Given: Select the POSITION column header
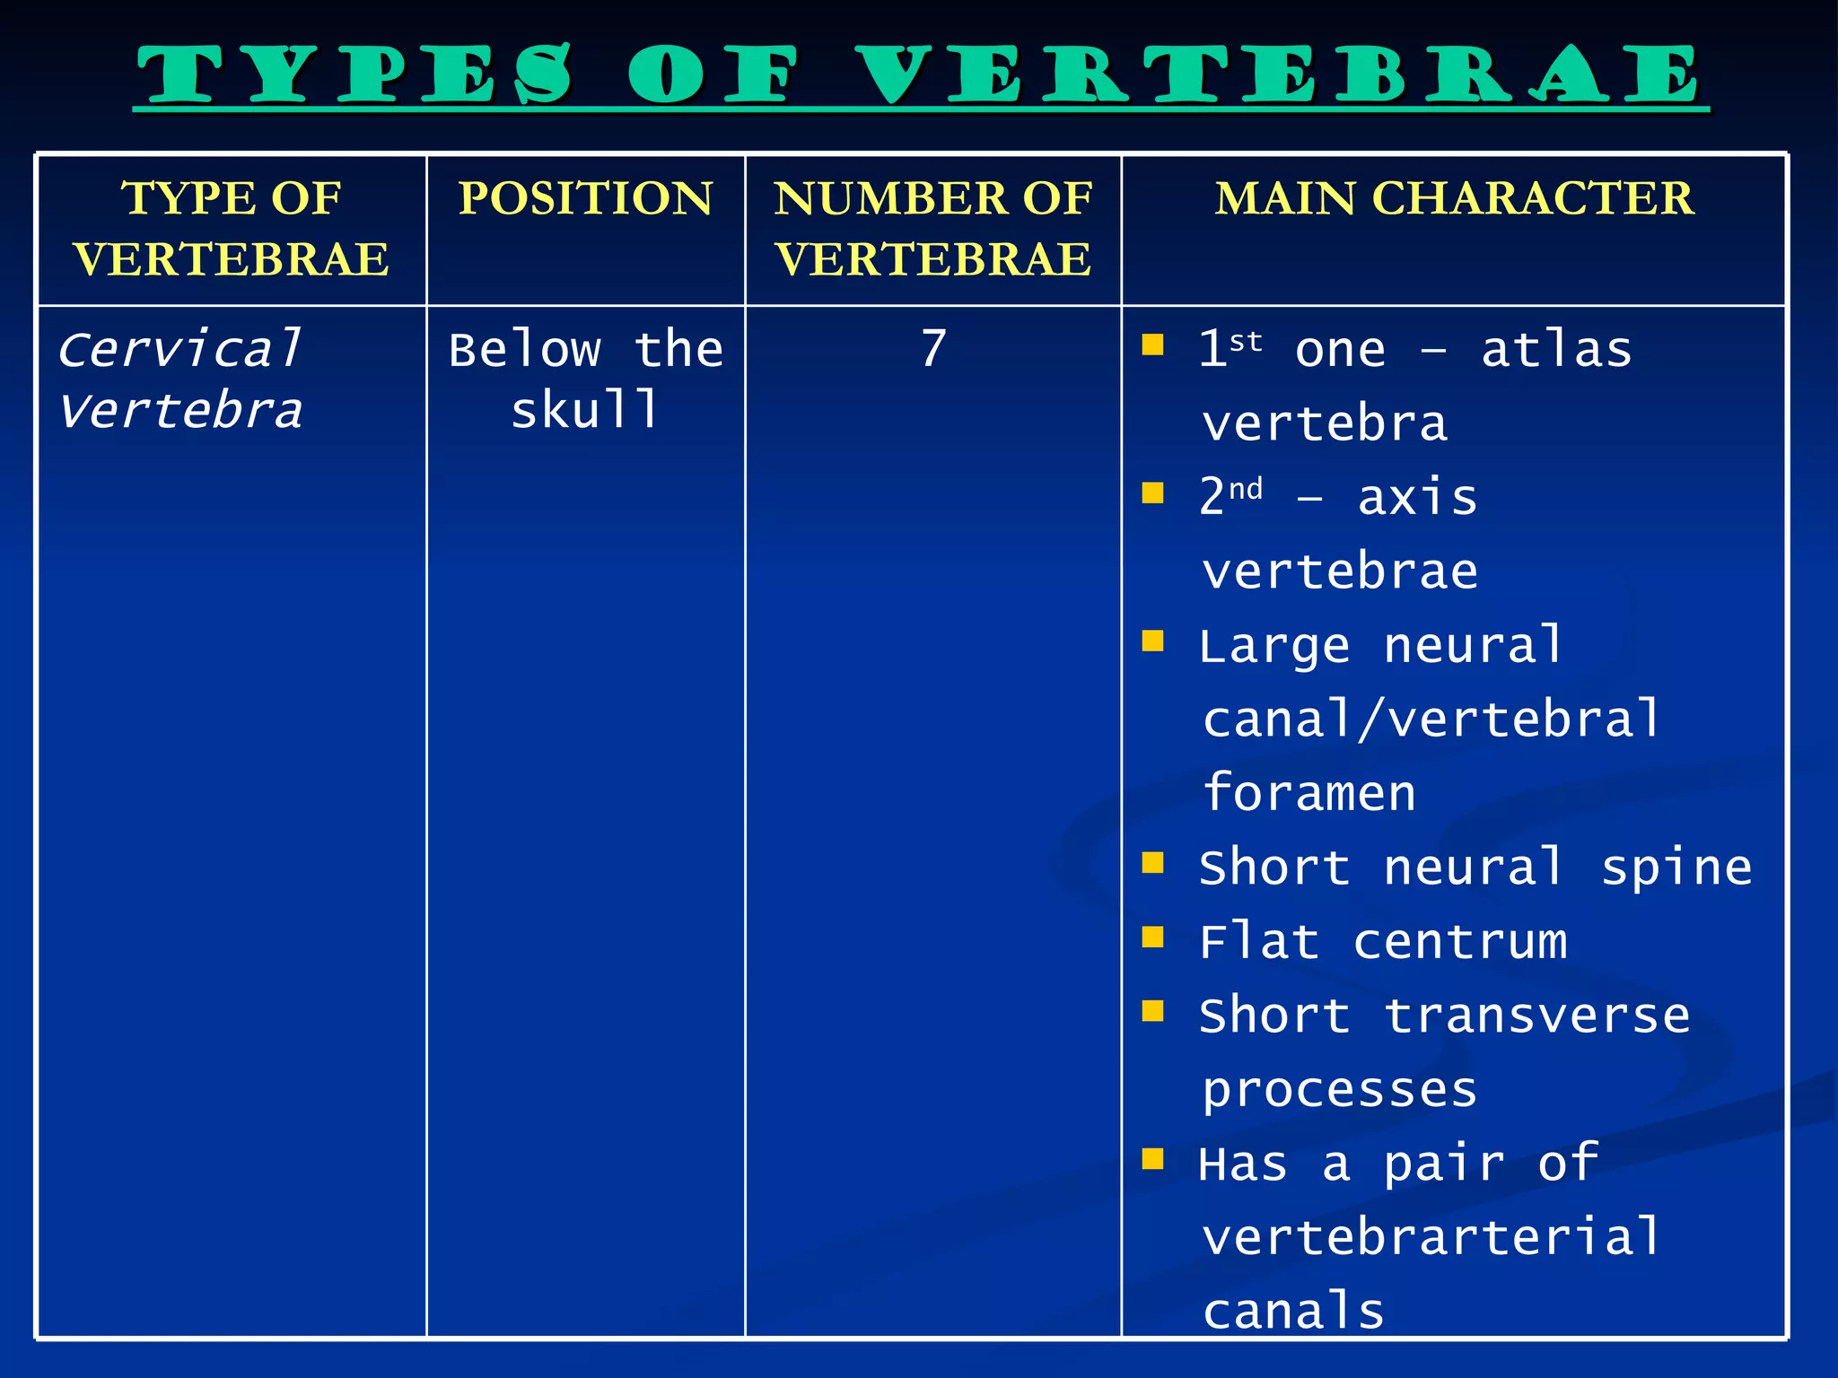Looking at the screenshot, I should [585, 198].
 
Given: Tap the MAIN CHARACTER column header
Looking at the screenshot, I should [1454, 198].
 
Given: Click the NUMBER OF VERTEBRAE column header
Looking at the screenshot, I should [933, 229].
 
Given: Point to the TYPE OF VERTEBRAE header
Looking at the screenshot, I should [232, 229].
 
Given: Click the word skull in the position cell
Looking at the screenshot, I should [585, 411].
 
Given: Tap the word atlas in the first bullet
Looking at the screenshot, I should [1556, 349].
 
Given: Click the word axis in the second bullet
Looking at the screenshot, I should [1417, 497].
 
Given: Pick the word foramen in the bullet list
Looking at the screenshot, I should [1309, 793].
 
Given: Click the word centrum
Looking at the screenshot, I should [1460, 942].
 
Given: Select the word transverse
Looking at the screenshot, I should [1536, 1016].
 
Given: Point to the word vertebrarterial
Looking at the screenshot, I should [1431, 1237].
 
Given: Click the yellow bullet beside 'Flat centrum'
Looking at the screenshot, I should [1152, 937].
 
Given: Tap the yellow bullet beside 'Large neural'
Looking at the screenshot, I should [1152, 641].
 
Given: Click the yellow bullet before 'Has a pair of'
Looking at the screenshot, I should [1152, 1159].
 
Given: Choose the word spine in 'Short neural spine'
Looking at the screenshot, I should [1676, 868].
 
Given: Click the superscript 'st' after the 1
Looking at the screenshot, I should [1246, 342].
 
